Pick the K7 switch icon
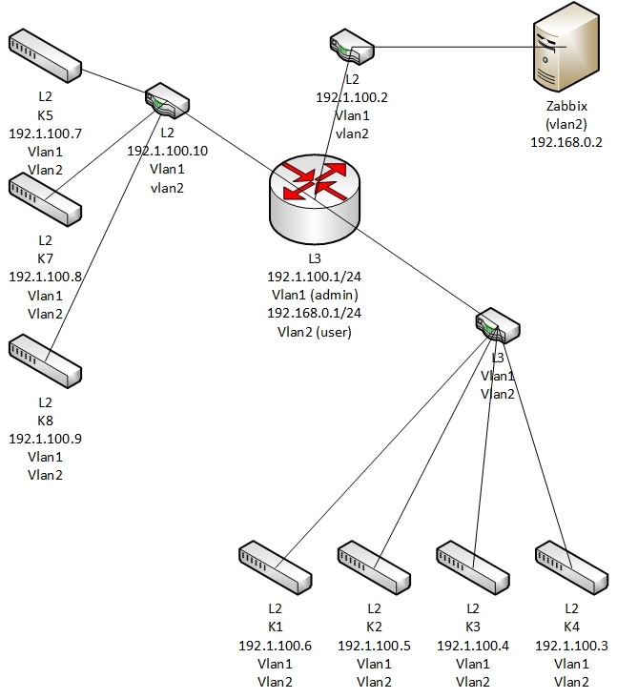45,197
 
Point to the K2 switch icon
374,565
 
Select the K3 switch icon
473,565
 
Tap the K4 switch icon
571,565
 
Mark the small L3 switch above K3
498,325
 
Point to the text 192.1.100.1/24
314,276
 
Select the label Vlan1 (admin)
314,295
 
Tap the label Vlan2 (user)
314,332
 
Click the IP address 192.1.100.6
276,645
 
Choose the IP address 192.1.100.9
45,439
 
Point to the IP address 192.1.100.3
571,645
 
